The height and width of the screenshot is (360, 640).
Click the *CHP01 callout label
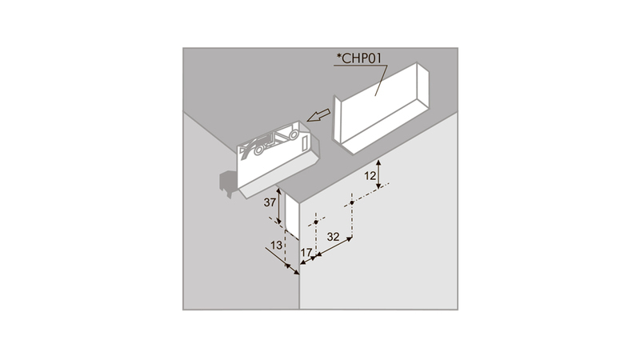(358, 58)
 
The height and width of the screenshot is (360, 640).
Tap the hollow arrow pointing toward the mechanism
(319, 115)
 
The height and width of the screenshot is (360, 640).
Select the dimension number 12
(370, 176)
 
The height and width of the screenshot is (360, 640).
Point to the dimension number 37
(270, 202)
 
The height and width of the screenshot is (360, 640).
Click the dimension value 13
(276, 245)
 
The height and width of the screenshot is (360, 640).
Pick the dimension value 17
(306, 253)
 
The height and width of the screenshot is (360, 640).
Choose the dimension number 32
(333, 237)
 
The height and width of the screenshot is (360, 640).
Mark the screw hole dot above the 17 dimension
(316, 222)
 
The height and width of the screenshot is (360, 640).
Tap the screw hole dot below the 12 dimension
(352, 203)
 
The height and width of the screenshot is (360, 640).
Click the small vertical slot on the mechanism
(304, 143)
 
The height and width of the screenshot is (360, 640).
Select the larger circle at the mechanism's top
(293, 134)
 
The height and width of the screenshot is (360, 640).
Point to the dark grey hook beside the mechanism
(227, 184)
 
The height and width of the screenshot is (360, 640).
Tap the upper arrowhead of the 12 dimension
(378, 162)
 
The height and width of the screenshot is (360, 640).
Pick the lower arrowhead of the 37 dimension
(279, 221)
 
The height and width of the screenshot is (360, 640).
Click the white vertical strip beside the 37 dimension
(292, 216)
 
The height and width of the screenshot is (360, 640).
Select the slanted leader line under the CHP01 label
(382, 81)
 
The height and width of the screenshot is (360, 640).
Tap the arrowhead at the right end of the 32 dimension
(349, 239)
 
